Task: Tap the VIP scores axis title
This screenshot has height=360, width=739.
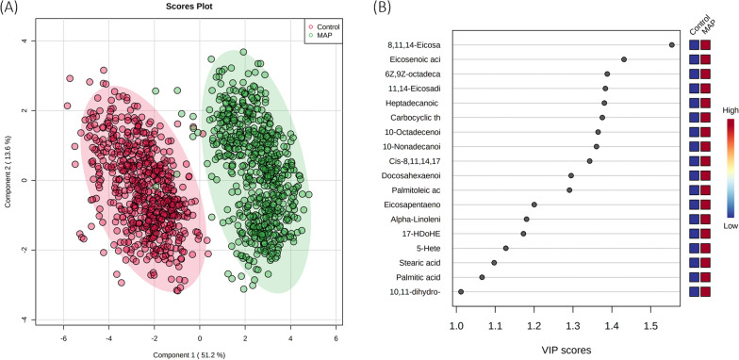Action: tap(553, 351)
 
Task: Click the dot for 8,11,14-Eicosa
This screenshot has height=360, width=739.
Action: tap(672, 44)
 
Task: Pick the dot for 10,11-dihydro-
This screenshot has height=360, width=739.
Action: tap(461, 292)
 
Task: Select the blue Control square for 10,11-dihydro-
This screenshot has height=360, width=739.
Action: tap(694, 292)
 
